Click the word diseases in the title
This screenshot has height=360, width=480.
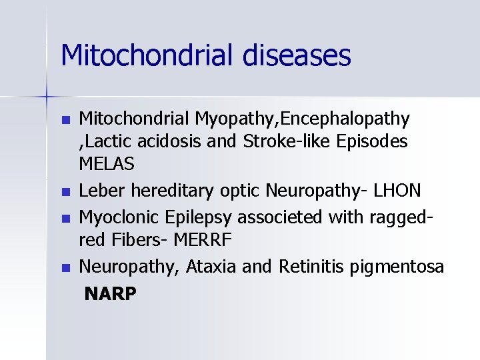click(x=297, y=55)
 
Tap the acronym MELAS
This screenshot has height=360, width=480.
click(x=107, y=163)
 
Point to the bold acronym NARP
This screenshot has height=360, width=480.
click(x=110, y=293)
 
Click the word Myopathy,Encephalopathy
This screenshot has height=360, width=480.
click(x=302, y=119)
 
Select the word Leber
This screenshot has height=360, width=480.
click(x=102, y=191)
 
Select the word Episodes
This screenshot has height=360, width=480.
click(x=375, y=141)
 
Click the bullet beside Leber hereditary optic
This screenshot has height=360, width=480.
click(x=65, y=192)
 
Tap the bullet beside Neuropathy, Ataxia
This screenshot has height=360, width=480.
click(x=65, y=268)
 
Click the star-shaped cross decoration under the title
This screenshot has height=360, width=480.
click(x=47, y=97)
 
